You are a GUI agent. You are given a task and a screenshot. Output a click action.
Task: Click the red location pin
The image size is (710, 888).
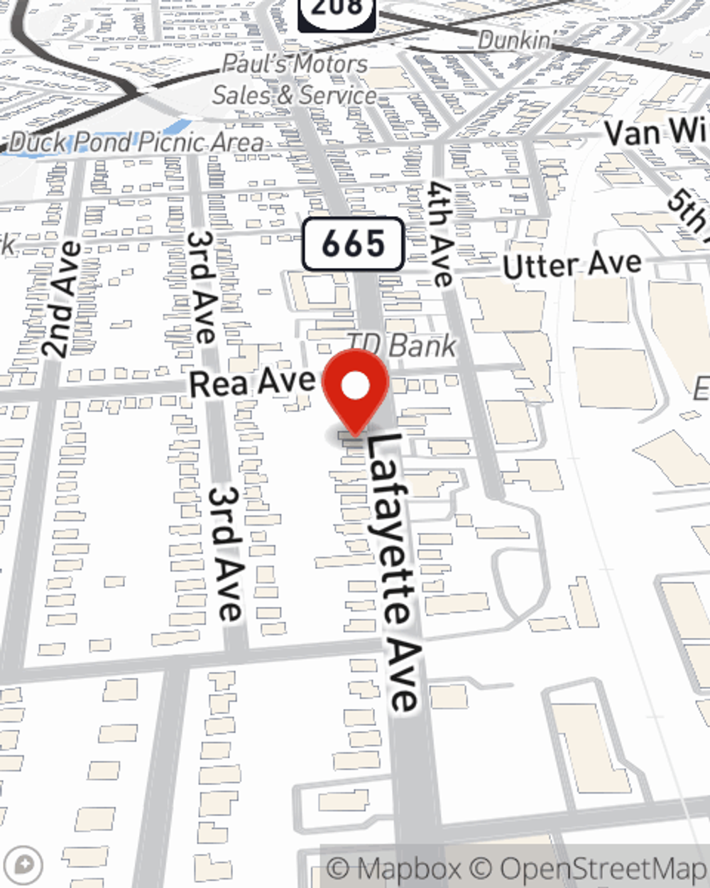pos(355,388)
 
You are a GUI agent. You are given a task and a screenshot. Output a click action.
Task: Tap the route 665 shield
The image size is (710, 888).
pos(353,244)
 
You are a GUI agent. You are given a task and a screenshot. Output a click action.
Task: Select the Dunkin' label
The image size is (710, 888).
pos(515,40)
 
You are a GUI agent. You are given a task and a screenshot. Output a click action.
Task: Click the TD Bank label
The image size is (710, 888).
pos(403,346)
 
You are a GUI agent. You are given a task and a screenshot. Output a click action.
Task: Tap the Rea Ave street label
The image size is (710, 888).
pos(252,382)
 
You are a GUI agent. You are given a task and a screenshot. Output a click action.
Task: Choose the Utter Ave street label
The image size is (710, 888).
pos(572,265)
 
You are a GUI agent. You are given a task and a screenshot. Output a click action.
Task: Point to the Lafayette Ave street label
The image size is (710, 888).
pos(392,572)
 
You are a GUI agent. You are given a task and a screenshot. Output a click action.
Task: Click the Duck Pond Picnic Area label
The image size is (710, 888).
pos(136,142)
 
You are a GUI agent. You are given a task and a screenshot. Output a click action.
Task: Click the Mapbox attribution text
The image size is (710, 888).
pos(393,868)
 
